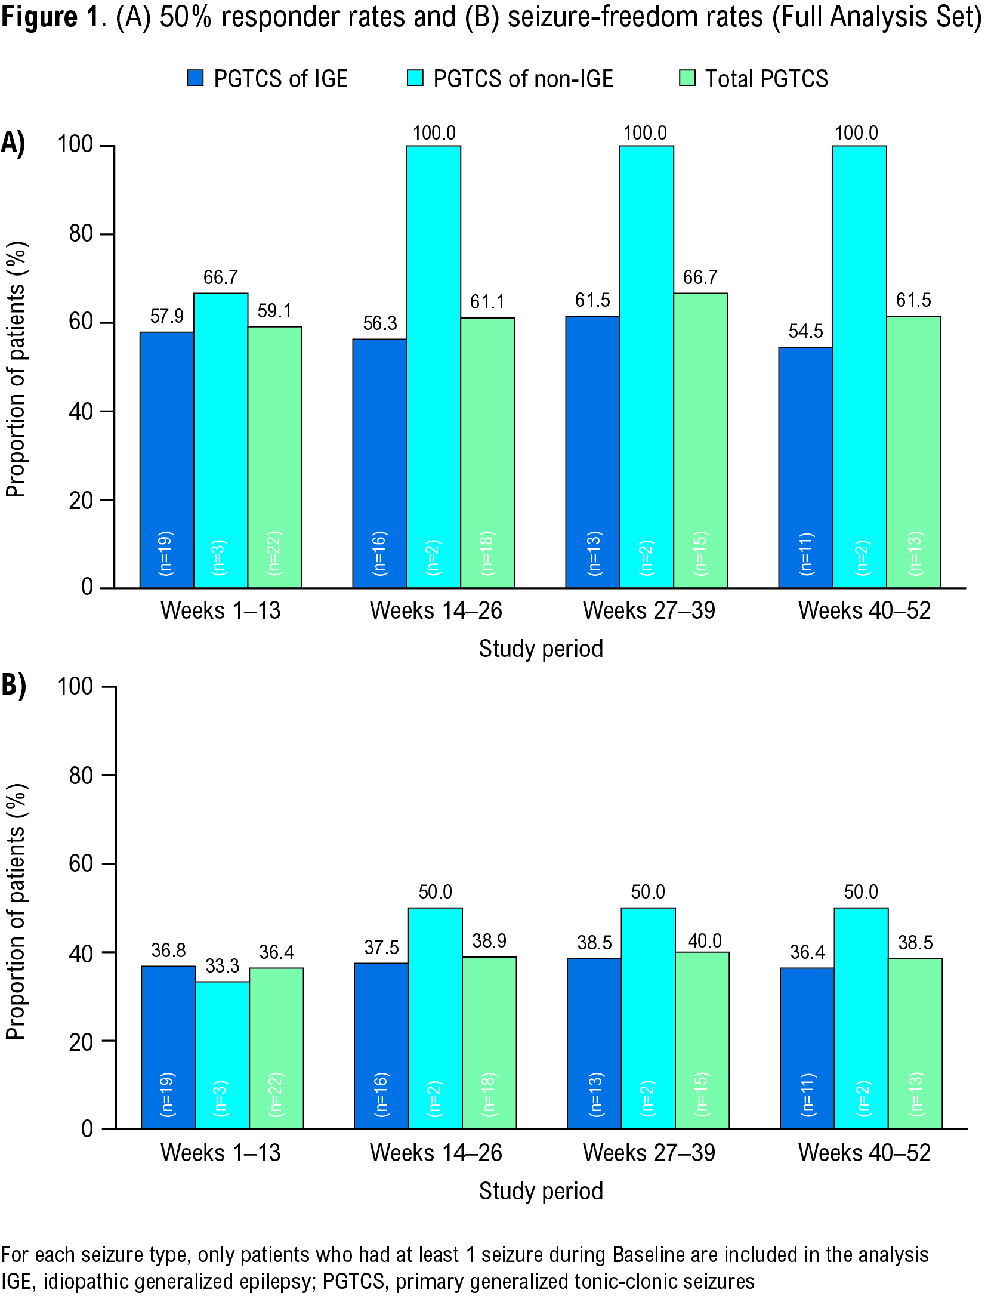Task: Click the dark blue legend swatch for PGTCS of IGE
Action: coord(195,78)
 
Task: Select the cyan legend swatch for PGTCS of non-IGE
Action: coord(415,78)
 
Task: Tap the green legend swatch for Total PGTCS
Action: coord(687,78)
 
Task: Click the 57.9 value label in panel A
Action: coord(166,316)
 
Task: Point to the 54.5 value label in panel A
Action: coord(805,331)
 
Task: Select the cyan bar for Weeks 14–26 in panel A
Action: coord(434,366)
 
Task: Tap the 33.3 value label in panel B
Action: coord(223,965)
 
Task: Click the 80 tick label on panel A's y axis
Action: coord(81,233)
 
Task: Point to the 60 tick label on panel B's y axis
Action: coord(81,863)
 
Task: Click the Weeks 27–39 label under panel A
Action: coord(649,610)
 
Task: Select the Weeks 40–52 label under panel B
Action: coord(864,1153)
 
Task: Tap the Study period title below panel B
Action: coord(541,1191)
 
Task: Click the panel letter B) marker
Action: coord(14,685)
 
